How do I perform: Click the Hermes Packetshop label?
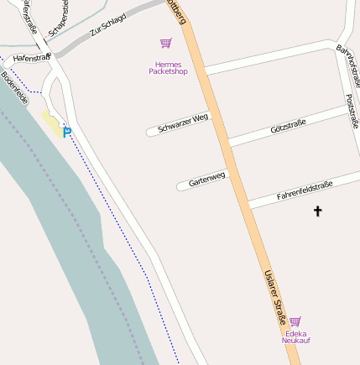pos(168,68)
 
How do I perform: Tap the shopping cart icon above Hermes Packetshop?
pos(165,44)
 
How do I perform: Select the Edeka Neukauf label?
pos(295,336)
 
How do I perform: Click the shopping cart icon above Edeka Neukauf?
pos(295,321)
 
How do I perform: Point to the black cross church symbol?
pos(317,211)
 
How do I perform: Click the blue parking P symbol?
pos(67,132)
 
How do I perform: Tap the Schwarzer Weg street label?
pos(182,123)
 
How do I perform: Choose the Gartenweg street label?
pos(206,180)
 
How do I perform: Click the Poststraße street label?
pos(352,112)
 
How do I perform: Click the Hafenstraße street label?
pos(32,58)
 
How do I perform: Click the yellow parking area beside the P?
pos(51,124)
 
